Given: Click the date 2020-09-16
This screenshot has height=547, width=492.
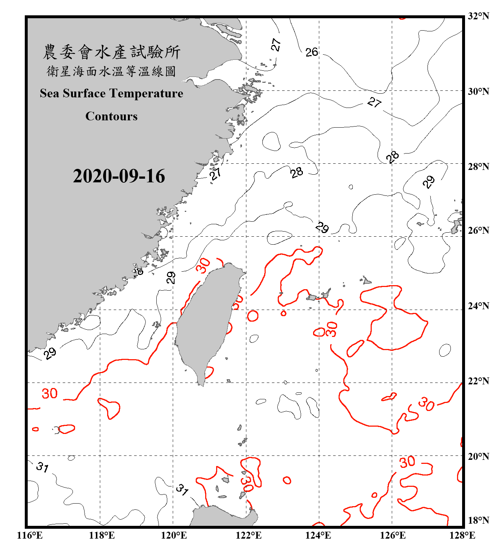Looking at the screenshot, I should coord(119,176).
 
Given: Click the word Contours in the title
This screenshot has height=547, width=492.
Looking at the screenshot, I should coord(112,116).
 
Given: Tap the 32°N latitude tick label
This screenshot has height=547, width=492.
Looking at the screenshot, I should coord(478,16).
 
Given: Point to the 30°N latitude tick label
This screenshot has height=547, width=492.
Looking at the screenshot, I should coord(478,92).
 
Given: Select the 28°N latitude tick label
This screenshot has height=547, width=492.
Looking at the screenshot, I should coord(478,167).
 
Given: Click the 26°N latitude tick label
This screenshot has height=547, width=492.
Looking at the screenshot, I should coord(478,230).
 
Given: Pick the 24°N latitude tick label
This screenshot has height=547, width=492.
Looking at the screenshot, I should coord(478,306).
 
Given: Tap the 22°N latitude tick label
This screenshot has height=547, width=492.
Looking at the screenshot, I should coord(478,381).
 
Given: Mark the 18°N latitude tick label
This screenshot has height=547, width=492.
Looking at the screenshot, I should coord(478,520).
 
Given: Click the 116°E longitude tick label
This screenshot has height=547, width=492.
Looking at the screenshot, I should coord(30,535).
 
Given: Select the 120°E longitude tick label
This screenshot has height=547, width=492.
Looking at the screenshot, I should coord(174,535).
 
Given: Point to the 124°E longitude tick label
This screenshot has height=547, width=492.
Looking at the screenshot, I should coord(318,535).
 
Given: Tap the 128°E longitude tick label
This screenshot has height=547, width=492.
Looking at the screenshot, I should coord(462,535).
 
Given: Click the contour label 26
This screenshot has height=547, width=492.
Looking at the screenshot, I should coord(312,52).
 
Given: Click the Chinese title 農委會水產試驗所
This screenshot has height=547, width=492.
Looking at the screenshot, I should coord(112,52).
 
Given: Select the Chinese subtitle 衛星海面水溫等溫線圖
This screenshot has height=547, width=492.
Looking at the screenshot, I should coord(112,71).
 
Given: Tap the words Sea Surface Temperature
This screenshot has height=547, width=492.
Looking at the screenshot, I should coord(112,93).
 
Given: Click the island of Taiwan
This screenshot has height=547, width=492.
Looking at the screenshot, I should coord(208,321).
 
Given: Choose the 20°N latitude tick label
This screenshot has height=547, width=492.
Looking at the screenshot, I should coord(478,457).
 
